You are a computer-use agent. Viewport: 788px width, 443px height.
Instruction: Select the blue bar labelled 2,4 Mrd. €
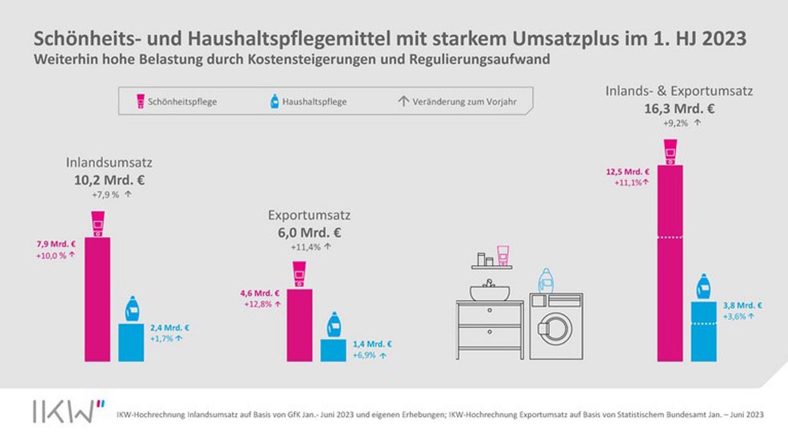[131, 342]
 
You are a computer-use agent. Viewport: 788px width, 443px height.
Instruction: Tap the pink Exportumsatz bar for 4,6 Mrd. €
[300, 325]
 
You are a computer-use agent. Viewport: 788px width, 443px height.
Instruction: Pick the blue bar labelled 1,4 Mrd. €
[333, 350]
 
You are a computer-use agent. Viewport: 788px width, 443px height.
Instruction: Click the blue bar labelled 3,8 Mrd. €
[703, 331]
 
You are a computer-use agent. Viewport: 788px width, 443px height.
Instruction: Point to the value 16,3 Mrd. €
[679, 109]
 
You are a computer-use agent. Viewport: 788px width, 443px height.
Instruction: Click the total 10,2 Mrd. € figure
[109, 180]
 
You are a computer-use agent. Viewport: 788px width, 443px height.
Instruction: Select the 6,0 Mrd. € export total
[309, 233]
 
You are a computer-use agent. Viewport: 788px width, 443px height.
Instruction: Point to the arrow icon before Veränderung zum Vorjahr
[403, 101]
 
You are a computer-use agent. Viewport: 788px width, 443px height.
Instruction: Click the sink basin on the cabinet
[489, 293]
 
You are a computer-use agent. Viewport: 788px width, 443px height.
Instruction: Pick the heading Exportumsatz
[309, 215]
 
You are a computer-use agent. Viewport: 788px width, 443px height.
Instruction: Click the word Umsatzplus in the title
[564, 39]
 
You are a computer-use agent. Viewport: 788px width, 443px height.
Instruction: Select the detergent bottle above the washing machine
[545, 281]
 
